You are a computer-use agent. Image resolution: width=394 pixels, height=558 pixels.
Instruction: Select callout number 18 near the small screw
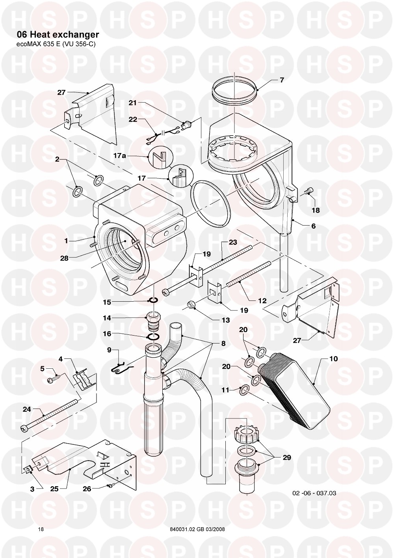316,210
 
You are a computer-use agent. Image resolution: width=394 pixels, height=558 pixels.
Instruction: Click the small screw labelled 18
309,192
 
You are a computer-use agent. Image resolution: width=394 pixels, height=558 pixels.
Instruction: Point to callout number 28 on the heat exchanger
64,259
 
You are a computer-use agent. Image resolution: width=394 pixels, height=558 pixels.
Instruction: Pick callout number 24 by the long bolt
26,409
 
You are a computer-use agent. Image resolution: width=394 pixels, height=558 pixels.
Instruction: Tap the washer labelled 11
244,390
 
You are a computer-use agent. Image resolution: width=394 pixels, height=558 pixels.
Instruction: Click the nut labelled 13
192,305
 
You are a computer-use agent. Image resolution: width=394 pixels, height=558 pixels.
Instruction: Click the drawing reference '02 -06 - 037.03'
314,493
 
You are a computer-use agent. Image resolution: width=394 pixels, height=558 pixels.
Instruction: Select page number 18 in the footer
41,529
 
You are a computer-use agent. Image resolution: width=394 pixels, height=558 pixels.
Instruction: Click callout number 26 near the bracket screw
87,489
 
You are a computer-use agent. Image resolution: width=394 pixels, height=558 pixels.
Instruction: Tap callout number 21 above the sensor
132,103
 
